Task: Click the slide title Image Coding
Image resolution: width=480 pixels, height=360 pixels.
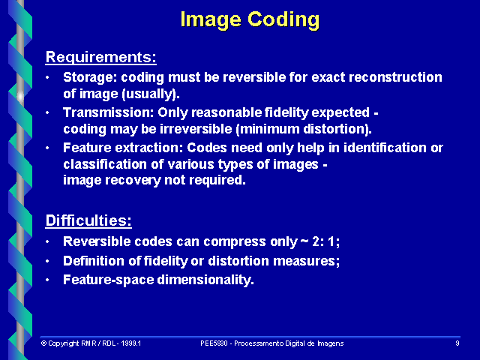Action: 250,19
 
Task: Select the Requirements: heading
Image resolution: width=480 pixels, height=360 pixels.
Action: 100,56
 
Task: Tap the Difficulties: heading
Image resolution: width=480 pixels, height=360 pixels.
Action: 88,220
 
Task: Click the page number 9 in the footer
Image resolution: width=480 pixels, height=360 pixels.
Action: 457,343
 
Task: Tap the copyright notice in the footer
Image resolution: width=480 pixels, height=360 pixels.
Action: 91,343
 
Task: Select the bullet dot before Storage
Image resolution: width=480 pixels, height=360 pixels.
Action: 48,78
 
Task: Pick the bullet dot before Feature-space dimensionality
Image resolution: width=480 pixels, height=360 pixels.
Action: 48,280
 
